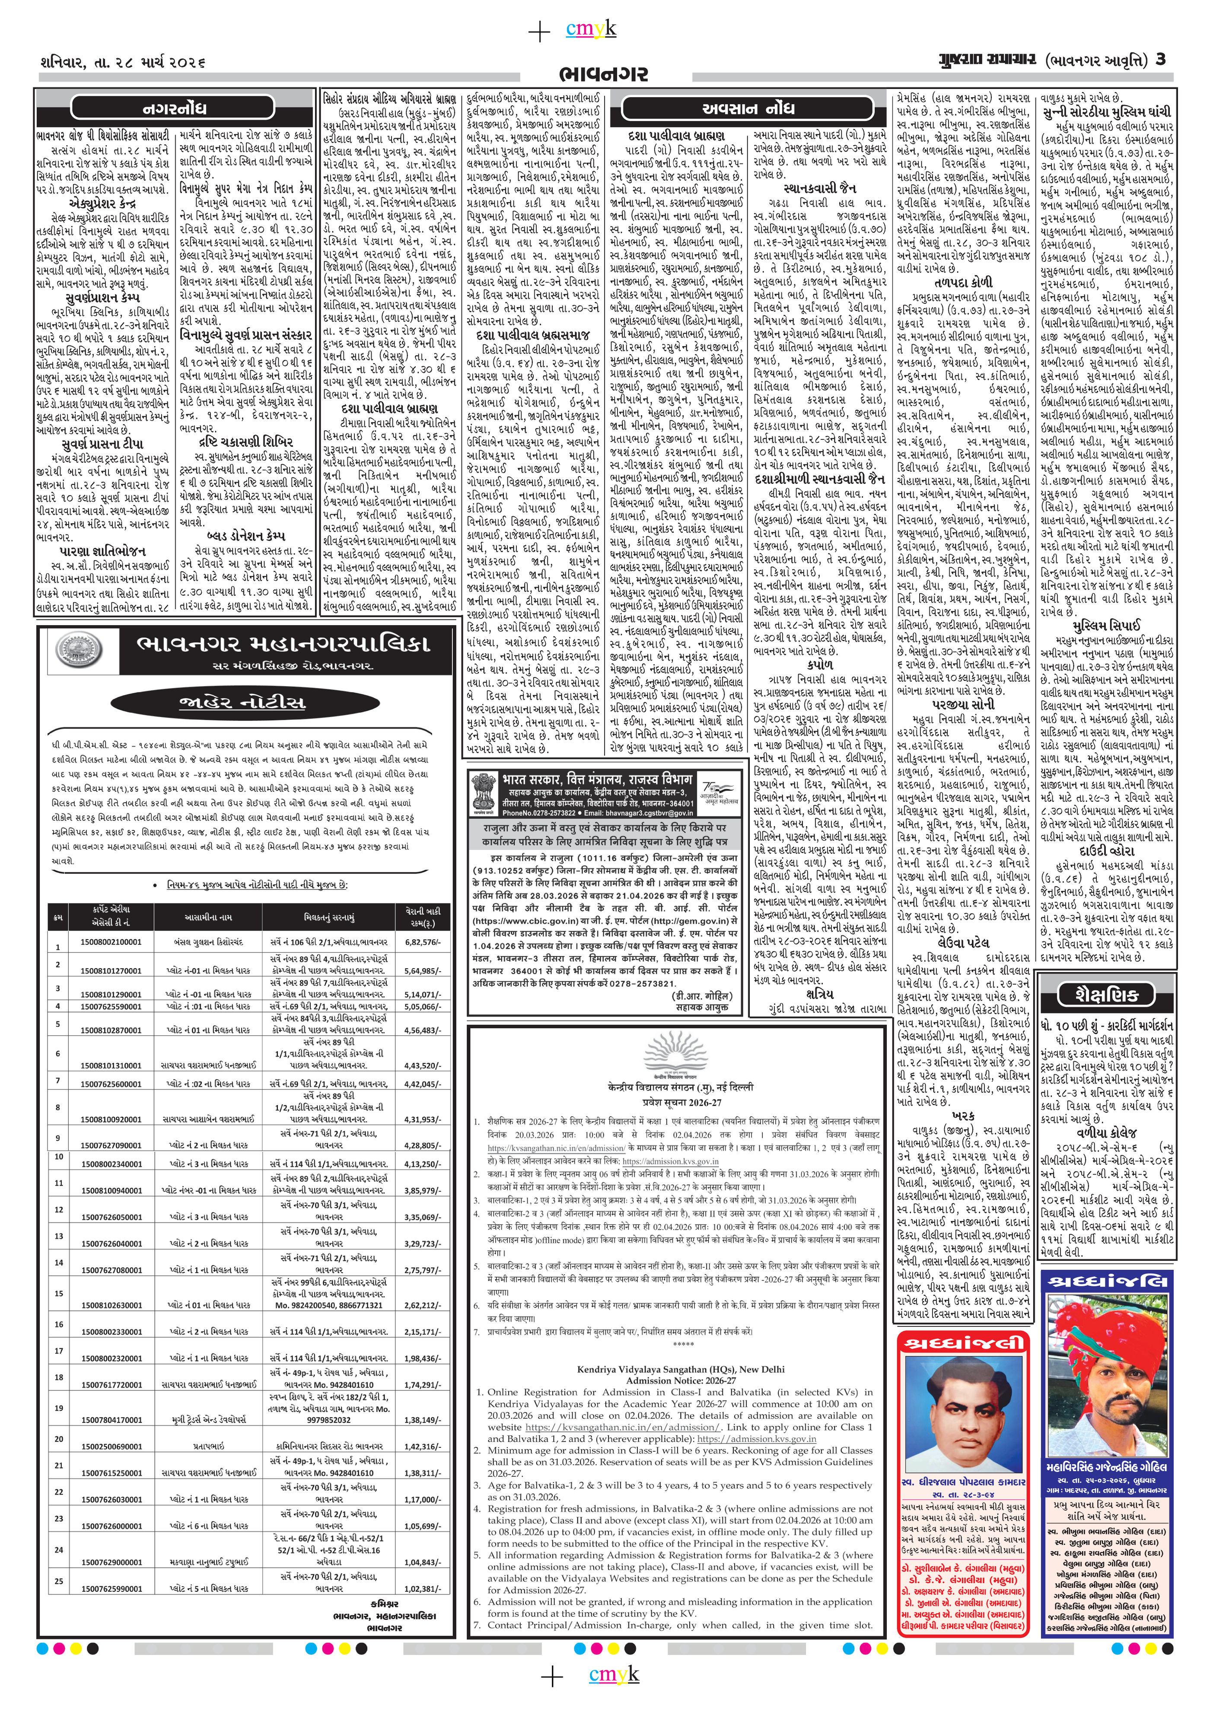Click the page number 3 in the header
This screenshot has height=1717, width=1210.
1160,60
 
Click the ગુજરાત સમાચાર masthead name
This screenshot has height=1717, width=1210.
987,60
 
